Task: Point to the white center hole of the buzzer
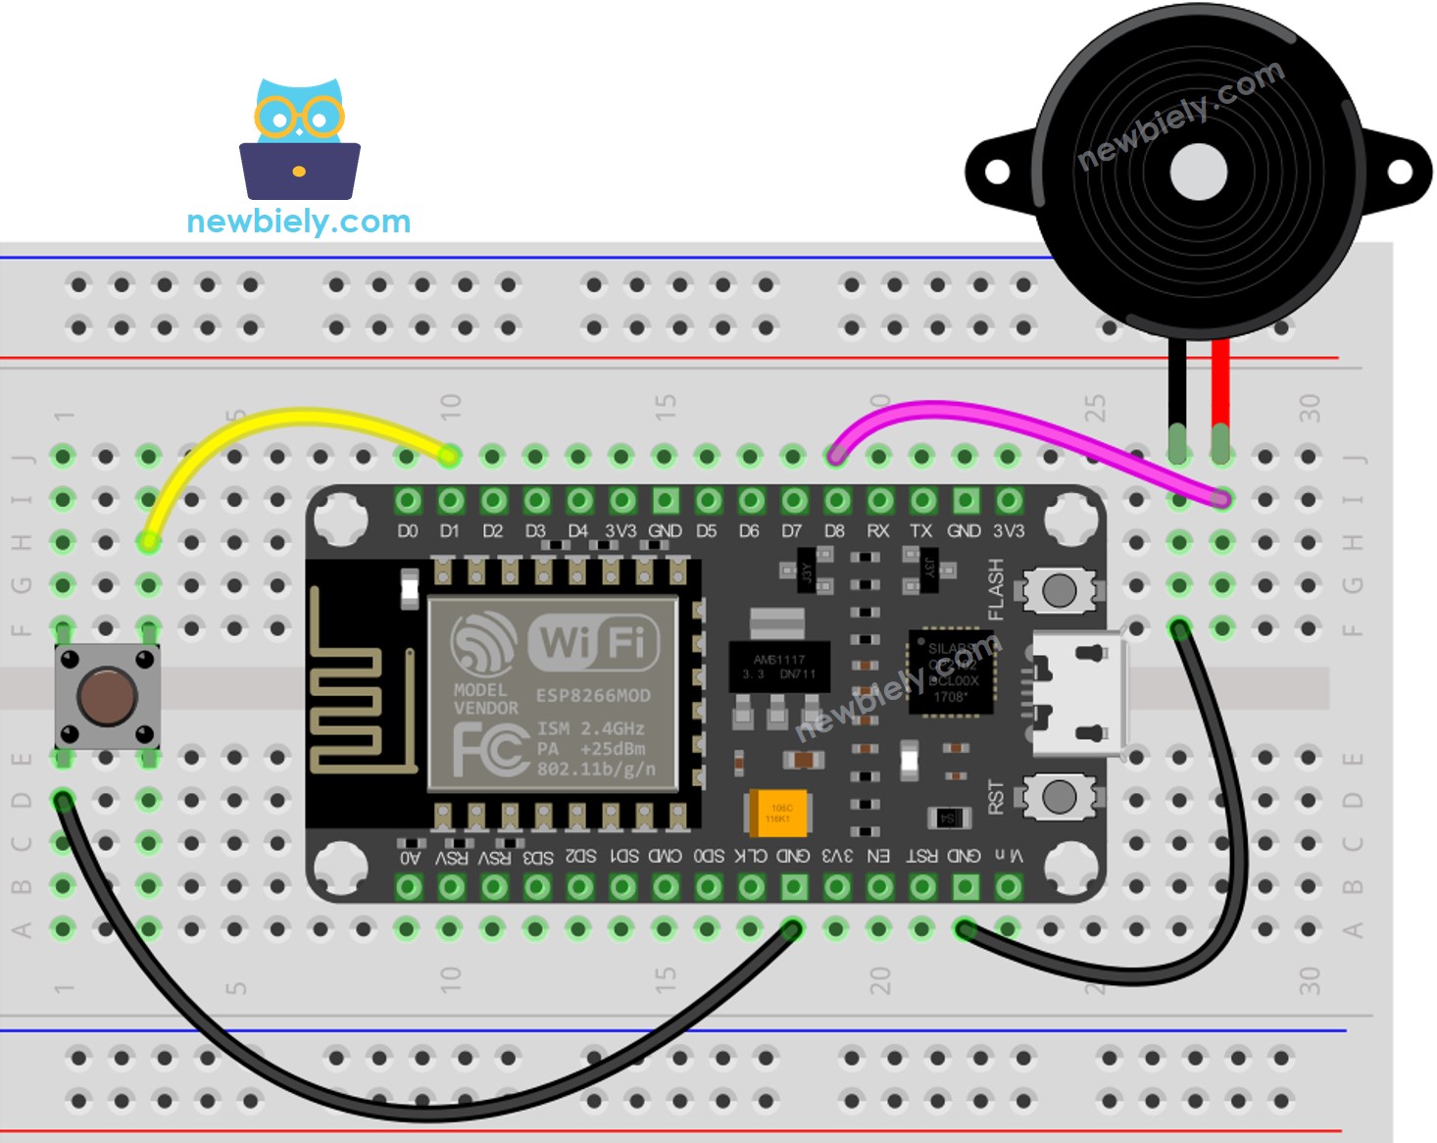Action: (x=1198, y=172)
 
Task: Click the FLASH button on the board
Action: (x=1059, y=590)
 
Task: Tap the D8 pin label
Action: (x=834, y=531)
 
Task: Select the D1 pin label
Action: (x=449, y=531)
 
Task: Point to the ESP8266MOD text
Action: (x=593, y=696)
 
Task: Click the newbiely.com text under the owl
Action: (x=298, y=222)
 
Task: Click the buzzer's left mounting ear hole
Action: (x=997, y=173)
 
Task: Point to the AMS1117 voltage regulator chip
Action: (x=779, y=667)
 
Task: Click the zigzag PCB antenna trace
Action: (x=343, y=686)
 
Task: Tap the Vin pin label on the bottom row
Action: (x=1009, y=856)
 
